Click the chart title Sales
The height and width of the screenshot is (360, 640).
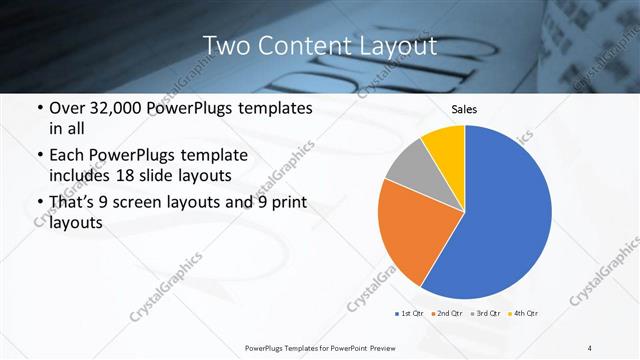[x=465, y=109]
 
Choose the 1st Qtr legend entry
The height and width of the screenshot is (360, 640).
[x=410, y=314]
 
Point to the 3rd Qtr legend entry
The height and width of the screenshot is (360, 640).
[x=486, y=314]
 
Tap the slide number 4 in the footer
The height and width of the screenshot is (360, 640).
[x=590, y=348]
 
